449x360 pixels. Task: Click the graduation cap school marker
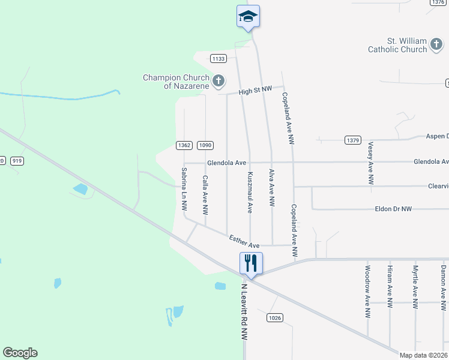click(x=248, y=16)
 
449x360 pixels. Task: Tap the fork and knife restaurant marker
click(x=250, y=262)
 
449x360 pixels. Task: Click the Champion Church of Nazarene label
click(x=176, y=82)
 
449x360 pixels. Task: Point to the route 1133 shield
click(x=218, y=58)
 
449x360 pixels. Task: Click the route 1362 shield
click(x=184, y=145)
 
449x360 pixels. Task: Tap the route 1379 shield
click(x=352, y=140)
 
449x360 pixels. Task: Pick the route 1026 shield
click(x=275, y=317)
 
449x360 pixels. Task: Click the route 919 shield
click(x=17, y=161)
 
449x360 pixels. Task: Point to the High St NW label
click(x=255, y=91)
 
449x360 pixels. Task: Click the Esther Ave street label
click(x=244, y=242)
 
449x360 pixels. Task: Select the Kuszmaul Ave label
click(x=250, y=192)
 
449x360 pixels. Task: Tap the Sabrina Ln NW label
click(x=184, y=188)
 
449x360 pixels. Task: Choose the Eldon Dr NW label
click(x=393, y=209)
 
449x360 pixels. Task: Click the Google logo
click(x=20, y=353)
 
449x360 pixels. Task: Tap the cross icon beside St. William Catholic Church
click(x=436, y=45)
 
